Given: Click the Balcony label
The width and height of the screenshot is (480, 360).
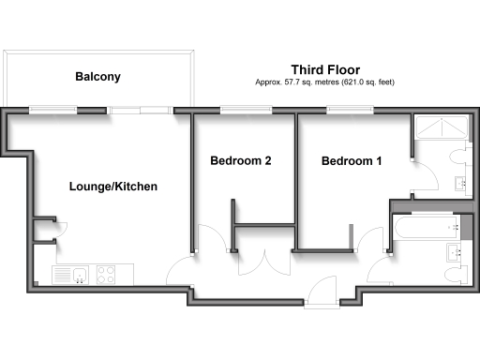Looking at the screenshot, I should click(x=97, y=78).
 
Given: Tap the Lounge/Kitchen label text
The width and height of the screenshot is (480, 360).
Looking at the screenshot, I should click(x=113, y=187).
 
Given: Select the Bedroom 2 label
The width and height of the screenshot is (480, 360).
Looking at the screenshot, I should click(x=241, y=161).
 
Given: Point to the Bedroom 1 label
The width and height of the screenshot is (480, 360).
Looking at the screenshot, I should click(x=352, y=161).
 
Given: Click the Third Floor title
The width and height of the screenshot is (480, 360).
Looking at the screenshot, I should click(x=325, y=69).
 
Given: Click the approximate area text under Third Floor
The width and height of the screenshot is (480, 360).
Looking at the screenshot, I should click(x=325, y=82).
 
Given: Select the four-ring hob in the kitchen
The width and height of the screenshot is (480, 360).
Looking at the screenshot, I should click(x=106, y=275).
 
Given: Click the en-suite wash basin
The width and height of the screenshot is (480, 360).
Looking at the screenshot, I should click(x=459, y=182).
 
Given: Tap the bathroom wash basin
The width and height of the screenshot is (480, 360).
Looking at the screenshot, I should click(x=457, y=251).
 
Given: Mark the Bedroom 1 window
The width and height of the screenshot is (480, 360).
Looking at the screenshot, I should click(x=350, y=112).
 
